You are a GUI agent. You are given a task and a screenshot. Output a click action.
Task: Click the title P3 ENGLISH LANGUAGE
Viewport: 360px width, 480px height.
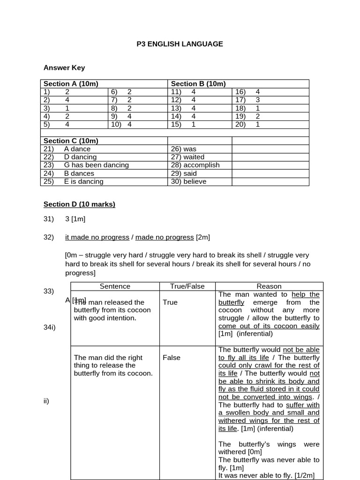pyautogui.click(x=180, y=44)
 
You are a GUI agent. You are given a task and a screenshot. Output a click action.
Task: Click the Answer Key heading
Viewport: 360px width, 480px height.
pyautogui.click(x=64, y=67)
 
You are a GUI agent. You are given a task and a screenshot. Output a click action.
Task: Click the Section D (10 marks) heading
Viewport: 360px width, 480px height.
pyautogui.click(x=79, y=204)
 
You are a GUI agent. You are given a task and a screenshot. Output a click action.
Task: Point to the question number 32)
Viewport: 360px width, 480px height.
pyautogui.click(x=49, y=237)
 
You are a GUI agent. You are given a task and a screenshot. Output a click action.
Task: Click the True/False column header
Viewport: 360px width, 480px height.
pyautogui.click(x=187, y=286)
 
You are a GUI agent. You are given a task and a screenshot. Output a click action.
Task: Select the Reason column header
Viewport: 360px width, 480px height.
pyautogui.click(x=269, y=286)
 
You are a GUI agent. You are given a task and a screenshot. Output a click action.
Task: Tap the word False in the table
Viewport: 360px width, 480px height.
pyautogui.click(x=172, y=358)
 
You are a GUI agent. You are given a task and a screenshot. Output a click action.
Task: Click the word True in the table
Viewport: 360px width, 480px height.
pyautogui.click(x=170, y=302)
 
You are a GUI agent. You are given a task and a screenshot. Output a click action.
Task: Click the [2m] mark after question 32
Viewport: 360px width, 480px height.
pyautogui.click(x=203, y=237)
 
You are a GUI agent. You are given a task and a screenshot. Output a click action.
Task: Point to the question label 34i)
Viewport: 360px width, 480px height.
pyautogui.click(x=50, y=327)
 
